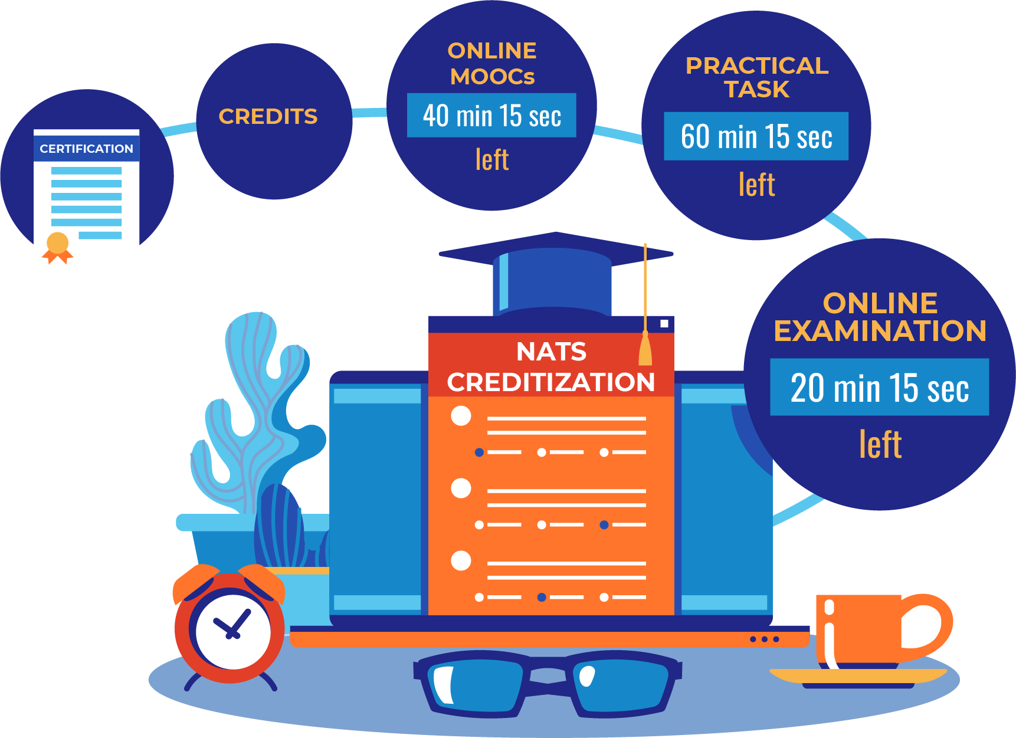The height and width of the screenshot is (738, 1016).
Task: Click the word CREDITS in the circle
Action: click(x=268, y=117)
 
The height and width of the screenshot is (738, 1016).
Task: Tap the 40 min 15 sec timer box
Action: click(x=491, y=116)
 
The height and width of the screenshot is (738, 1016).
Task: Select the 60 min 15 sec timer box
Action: click(x=756, y=136)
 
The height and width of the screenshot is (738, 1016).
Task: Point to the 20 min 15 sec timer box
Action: click(x=879, y=388)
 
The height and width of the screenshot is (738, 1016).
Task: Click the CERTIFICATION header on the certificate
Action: click(x=86, y=149)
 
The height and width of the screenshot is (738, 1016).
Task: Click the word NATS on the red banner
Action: click(x=551, y=352)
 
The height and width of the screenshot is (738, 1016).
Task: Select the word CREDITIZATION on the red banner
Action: click(x=551, y=382)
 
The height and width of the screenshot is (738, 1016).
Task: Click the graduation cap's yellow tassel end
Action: click(x=645, y=351)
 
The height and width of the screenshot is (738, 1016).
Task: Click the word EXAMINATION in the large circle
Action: click(x=880, y=331)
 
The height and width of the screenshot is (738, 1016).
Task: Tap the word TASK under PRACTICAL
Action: click(x=756, y=90)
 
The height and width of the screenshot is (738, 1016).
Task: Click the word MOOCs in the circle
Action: click(x=492, y=77)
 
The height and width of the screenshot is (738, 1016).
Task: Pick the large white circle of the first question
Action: click(x=461, y=416)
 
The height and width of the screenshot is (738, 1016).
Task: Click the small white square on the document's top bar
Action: click(x=664, y=323)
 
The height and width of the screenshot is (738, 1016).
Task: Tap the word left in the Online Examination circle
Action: click(x=880, y=444)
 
